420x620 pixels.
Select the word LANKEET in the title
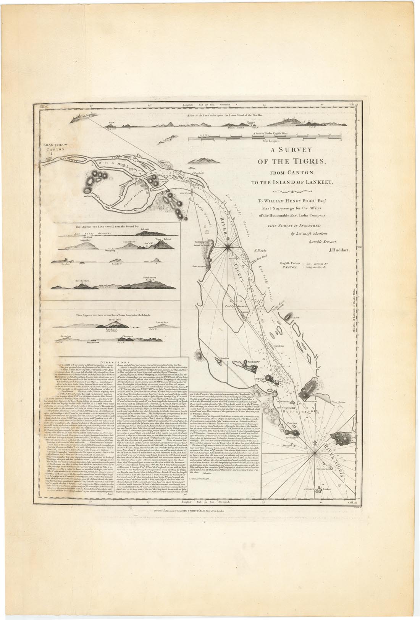click(320, 182)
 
